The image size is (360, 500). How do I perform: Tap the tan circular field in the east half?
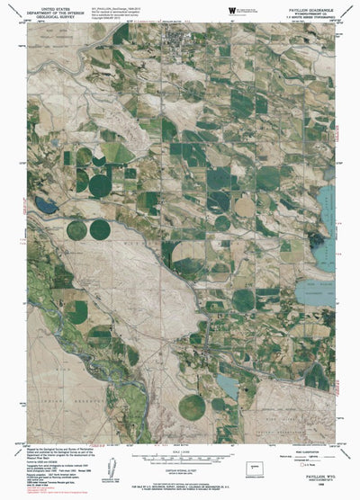245,206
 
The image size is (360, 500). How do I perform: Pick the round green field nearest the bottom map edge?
192,407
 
